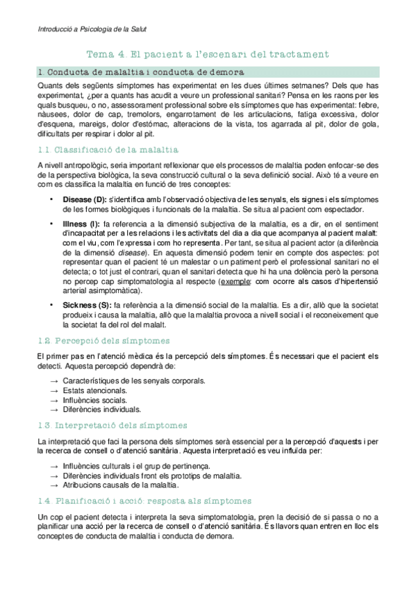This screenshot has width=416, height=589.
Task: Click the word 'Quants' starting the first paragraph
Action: [x=48, y=85]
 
